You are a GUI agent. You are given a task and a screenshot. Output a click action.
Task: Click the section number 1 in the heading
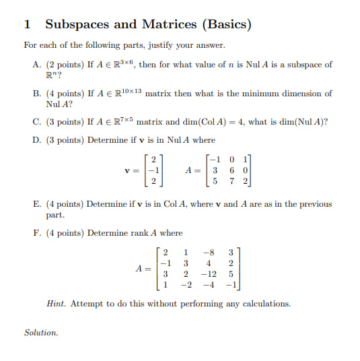point(28,25)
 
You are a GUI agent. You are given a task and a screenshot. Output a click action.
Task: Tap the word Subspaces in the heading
point(73,25)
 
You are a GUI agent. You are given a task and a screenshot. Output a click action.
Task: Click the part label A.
point(36,65)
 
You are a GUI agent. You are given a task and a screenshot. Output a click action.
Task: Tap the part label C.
point(36,122)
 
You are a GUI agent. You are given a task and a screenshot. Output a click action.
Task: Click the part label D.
point(36,139)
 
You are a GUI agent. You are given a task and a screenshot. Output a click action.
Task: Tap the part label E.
point(36,204)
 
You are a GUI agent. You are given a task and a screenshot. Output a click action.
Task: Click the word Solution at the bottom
point(41,333)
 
